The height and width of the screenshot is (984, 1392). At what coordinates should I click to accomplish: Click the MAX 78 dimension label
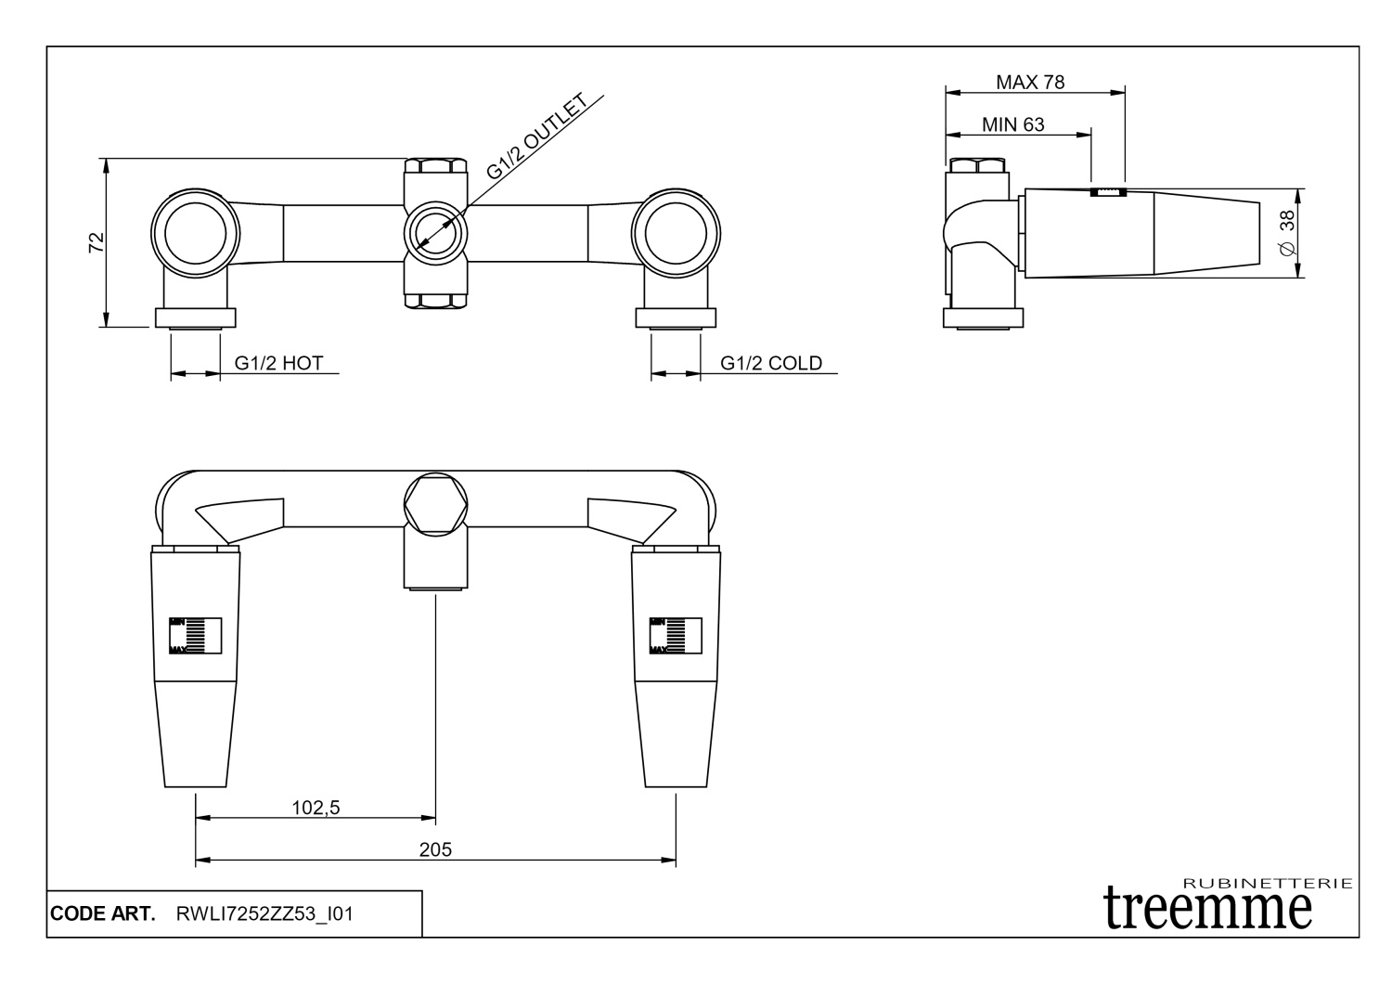[1030, 82]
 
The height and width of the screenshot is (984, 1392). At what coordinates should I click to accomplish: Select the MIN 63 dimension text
[1012, 124]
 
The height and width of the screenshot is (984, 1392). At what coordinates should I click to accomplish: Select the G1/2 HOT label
[278, 363]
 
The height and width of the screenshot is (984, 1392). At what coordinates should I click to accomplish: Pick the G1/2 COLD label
[771, 363]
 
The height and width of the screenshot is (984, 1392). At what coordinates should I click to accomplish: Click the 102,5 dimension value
[316, 808]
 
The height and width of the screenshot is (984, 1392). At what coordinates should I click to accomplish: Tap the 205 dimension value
[435, 849]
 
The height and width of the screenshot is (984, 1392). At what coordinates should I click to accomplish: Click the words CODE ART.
[102, 914]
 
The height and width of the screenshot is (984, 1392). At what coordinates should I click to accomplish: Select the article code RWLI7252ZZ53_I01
[264, 914]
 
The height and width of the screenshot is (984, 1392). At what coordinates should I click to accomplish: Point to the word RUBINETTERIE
[1269, 883]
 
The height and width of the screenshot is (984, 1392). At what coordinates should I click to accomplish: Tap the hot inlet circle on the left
[195, 228]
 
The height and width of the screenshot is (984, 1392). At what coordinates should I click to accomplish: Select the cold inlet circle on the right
[675, 228]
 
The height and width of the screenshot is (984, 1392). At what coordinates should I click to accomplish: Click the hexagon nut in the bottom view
[435, 501]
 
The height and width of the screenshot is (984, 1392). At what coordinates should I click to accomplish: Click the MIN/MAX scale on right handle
[675, 636]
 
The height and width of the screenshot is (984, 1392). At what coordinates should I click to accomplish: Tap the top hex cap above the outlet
[435, 169]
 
